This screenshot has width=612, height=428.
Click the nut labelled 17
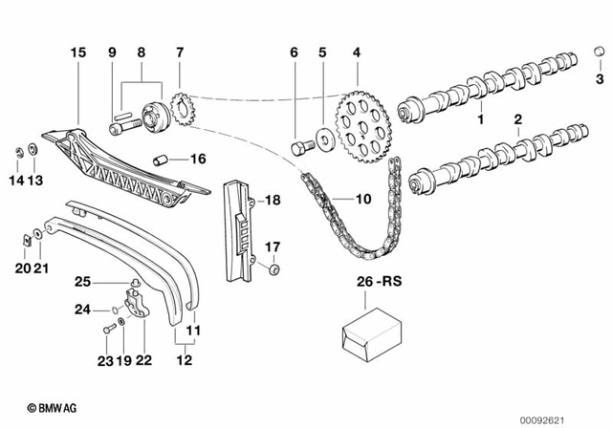[x=274, y=270]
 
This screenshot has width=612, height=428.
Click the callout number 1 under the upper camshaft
[x=481, y=120]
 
